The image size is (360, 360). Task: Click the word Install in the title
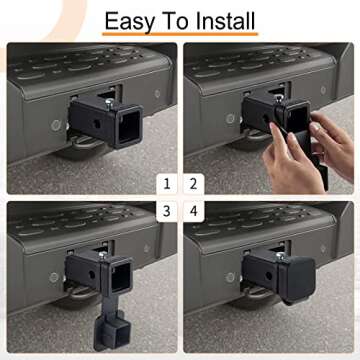pos(221,20)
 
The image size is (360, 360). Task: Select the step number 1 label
pos(167,183)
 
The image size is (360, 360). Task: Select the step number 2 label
pos(193,183)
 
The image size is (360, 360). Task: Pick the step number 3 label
pos(167,210)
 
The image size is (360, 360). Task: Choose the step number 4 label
pos(193,210)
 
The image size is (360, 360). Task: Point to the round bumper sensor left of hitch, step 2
pos(231,119)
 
